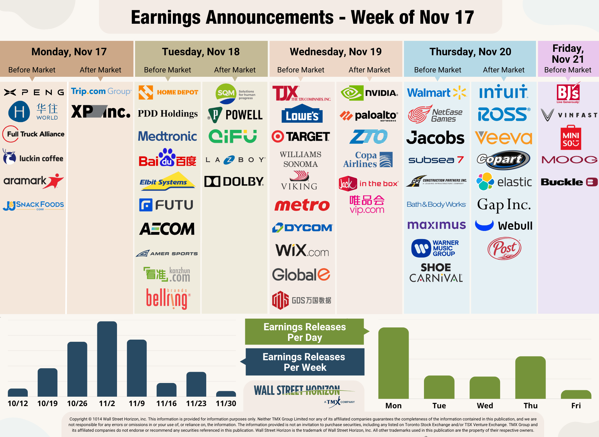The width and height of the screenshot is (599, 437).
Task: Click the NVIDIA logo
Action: (x=369, y=93)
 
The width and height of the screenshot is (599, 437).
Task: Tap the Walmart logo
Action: (x=436, y=93)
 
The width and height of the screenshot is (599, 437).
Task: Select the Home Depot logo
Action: (x=168, y=92)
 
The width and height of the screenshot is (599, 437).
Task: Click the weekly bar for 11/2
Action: (x=107, y=359)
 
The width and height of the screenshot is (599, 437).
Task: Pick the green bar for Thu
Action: (x=530, y=378)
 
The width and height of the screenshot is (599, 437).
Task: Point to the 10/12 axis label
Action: (x=18, y=403)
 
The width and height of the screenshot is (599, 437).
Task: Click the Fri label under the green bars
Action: (x=576, y=405)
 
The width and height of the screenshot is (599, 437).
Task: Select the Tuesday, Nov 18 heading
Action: (x=201, y=52)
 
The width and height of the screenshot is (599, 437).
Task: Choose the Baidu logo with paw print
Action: (x=168, y=158)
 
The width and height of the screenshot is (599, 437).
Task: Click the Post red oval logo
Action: (x=504, y=249)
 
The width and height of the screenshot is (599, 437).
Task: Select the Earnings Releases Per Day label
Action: (x=304, y=332)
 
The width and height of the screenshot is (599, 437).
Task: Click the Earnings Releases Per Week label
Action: (x=304, y=362)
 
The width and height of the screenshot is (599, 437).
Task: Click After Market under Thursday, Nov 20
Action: (x=504, y=70)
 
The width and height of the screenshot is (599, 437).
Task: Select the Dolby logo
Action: (x=234, y=181)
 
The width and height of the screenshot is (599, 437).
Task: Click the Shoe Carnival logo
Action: (x=436, y=273)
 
